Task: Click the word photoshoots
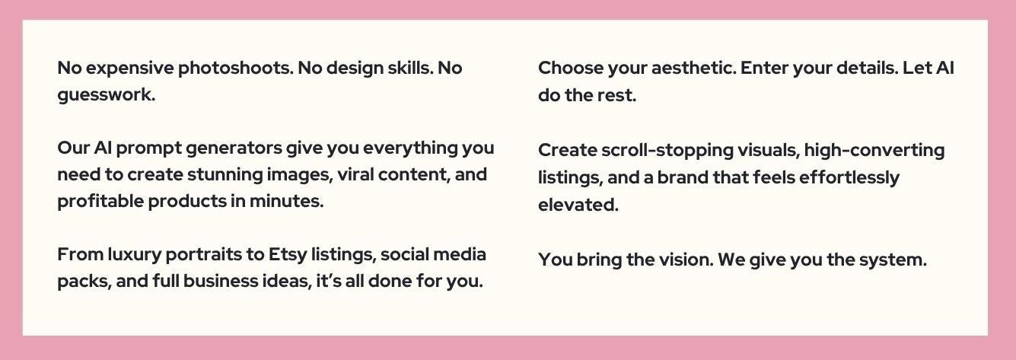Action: click(236, 68)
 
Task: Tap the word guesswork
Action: click(106, 95)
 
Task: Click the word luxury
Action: click(134, 255)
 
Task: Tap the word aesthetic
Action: click(693, 68)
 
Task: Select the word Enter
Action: click(763, 68)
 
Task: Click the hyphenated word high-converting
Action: click(874, 151)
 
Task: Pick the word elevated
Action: click(578, 205)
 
